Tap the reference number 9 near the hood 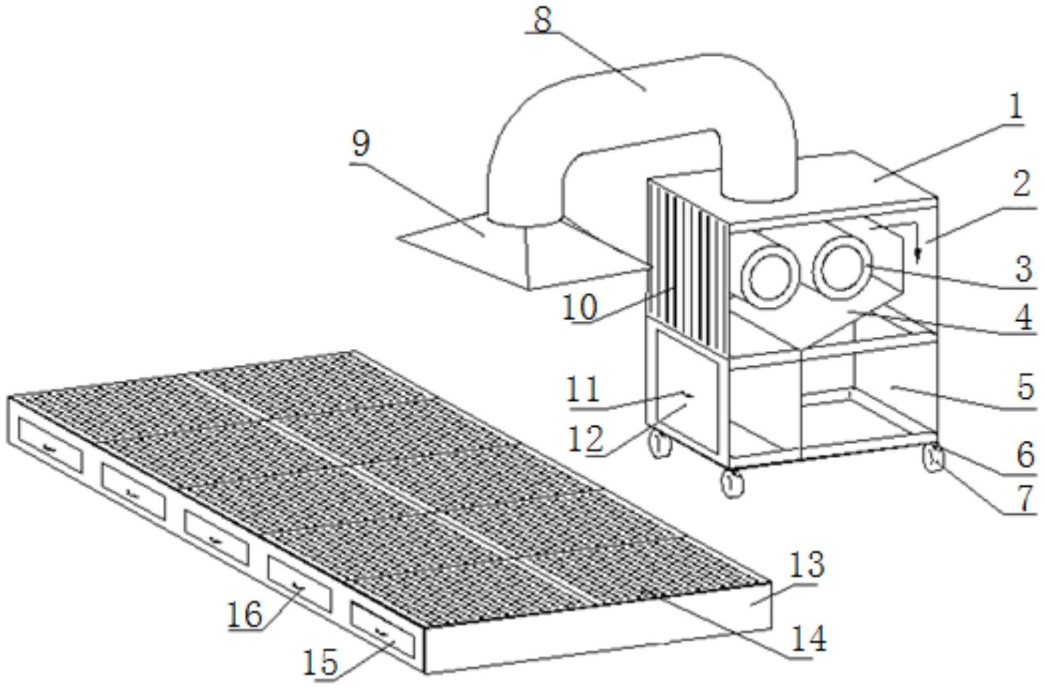coord(361,144)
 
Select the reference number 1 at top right coord(1015,107)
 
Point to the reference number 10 coord(580,307)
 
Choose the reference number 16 coord(246,614)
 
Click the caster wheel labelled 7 coord(931,459)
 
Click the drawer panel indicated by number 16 coord(299,583)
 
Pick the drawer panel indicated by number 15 coord(382,630)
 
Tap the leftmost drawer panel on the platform coord(50,444)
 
